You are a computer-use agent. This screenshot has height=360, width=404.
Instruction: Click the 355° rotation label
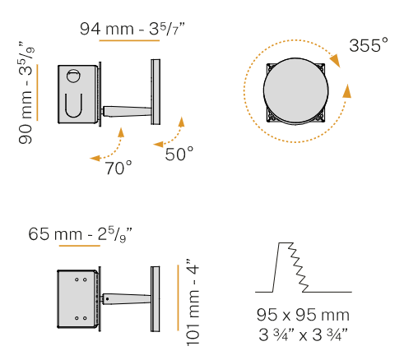tap(369, 45)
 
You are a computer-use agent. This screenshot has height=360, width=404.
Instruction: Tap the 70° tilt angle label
tap(118, 168)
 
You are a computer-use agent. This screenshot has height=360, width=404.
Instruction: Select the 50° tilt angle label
tap(179, 154)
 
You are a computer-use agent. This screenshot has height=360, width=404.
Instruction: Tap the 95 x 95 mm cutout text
tap(303, 315)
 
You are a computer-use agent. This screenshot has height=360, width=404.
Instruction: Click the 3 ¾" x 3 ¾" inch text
tap(303, 335)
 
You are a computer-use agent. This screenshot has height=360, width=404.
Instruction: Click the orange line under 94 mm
tap(129, 40)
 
